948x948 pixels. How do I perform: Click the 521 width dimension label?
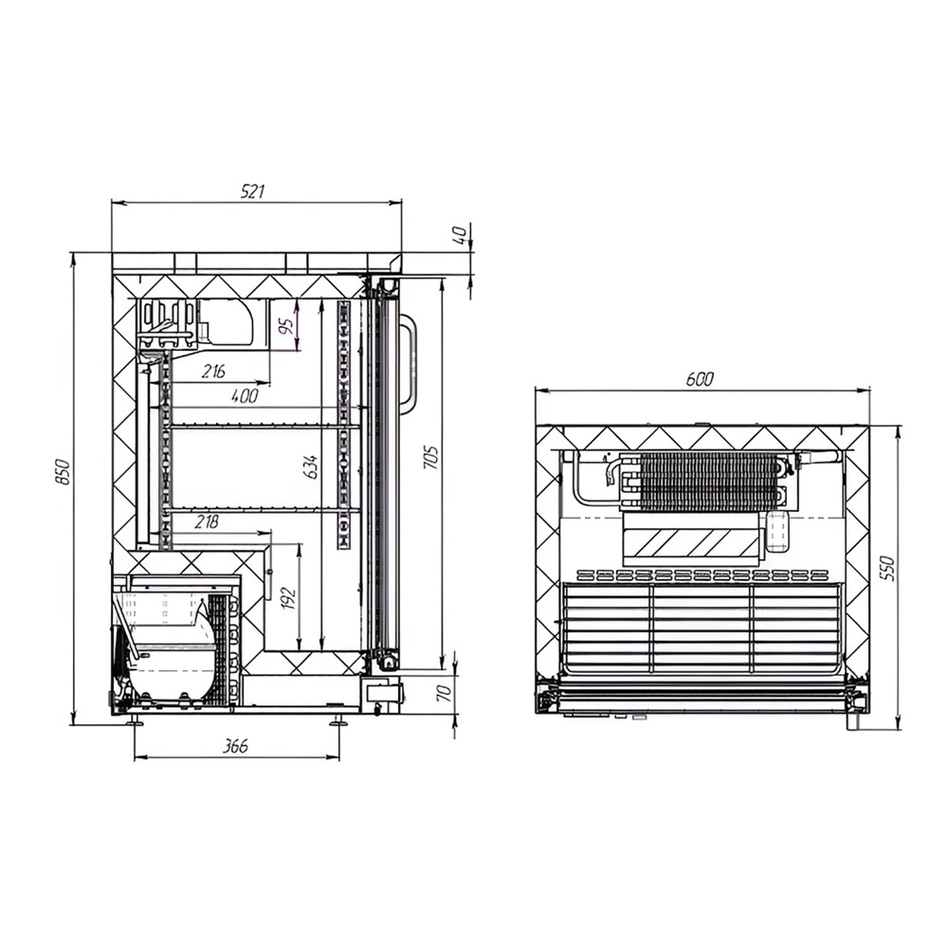click(253, 191)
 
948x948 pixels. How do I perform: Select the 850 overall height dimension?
click(63, 471)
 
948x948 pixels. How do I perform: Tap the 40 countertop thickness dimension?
click(460, 234)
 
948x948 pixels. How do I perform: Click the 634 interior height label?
click(311, 466)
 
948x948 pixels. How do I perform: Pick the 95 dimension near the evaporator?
click(288, 326)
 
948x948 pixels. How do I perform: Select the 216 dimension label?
click(213, 371)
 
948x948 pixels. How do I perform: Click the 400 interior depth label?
click(245, 396)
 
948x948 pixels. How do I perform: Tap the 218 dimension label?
click(207, 521)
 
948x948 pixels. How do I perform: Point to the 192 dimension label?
click(289, 598)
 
